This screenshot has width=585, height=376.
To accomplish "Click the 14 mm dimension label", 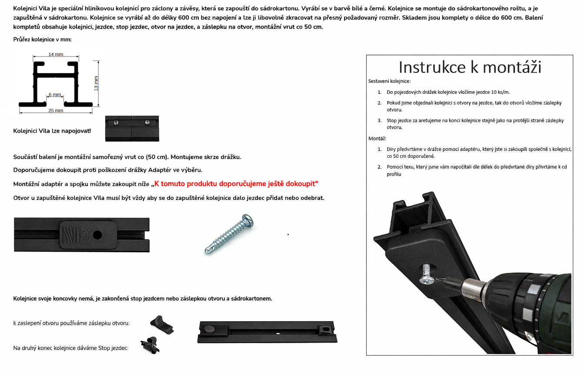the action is click(56, 54).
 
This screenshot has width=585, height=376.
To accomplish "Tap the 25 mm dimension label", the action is click(56, 110).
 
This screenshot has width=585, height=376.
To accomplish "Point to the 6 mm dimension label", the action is click(55, 94).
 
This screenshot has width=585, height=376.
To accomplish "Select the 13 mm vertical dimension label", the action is click(96, 83).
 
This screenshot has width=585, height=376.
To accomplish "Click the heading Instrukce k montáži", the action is click(470, 67).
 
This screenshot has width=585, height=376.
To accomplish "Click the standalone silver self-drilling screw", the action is click(229, 233).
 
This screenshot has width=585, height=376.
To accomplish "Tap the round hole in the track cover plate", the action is click(97, 235).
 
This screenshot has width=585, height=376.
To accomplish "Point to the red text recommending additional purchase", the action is click(236, 184).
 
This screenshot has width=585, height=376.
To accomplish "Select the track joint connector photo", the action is click(132, 129).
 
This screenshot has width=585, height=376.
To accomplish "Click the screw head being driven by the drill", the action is click(427, 280).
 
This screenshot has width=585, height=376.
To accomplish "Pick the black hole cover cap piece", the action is click(162, 325).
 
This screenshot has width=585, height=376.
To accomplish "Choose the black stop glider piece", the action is click(150, 345).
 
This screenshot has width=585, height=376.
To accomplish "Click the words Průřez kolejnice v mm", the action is click(42, 40).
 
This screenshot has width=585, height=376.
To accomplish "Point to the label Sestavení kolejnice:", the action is click(389, 81).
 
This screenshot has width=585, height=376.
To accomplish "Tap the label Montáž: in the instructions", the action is click(377, 138).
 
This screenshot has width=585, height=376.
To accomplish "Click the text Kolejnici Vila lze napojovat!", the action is click(52, 131).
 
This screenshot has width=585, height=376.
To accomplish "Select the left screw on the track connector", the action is click(116, 123).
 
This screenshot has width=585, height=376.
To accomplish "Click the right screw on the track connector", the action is click(147, 122).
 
